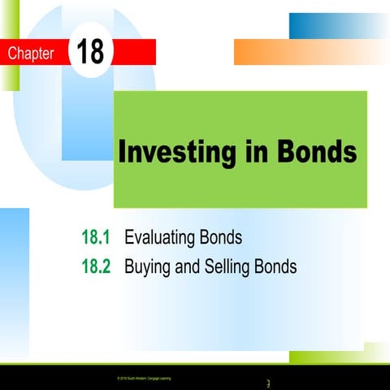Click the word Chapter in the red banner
point(30,54)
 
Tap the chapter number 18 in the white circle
point(92,52)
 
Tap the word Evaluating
point(161,238)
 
